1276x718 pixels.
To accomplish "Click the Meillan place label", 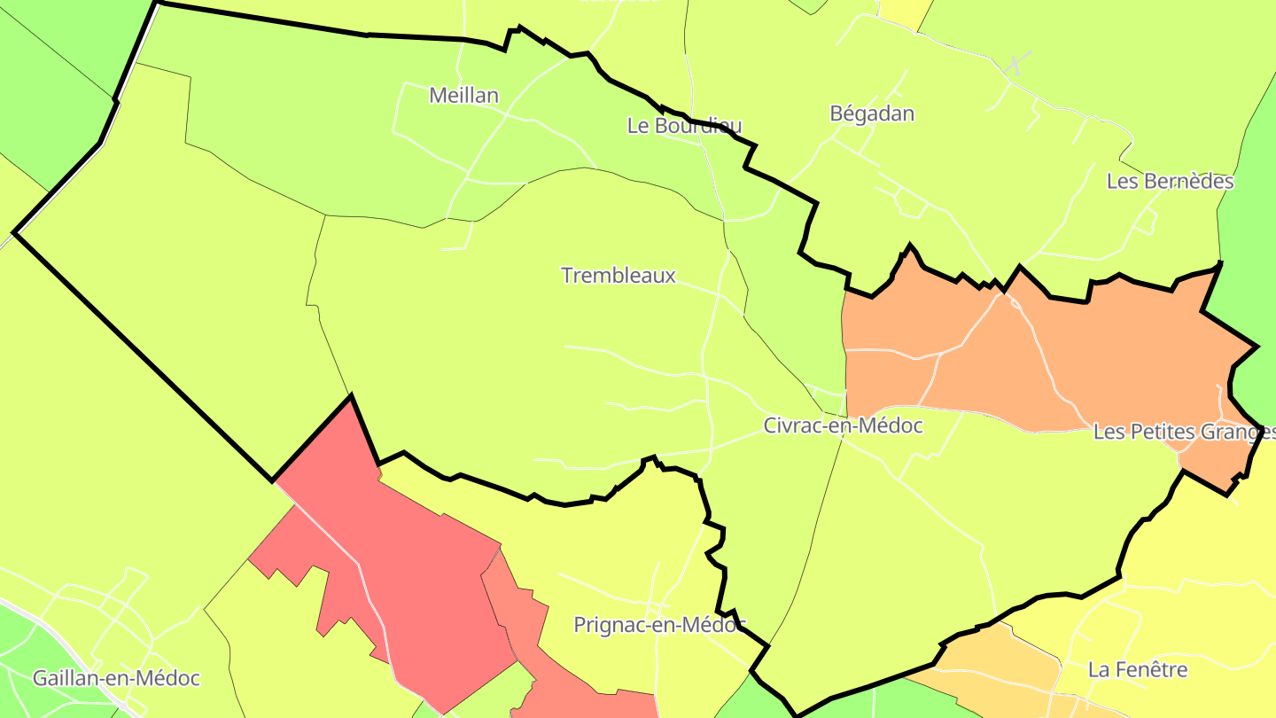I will pyautogui.click(x=463, y=96).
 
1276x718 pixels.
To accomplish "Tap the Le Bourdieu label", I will pyautogui.click(x=684, y=126).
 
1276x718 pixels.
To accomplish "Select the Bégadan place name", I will pyautogui.click(x=872, y=113).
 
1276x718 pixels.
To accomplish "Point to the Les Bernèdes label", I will pyautogui.click(x=1170, y=182).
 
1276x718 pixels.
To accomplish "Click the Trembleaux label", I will pyautogui.click(x=619, y=276).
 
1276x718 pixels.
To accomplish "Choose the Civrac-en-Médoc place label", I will pyautogui.click(x=843, y=426).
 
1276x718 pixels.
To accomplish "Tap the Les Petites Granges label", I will pyautogui.click(x=1184, y=433).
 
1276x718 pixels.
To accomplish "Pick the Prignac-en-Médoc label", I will pyautogui.click(x=659, y=625).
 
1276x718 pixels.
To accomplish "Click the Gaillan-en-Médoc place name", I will pyautogui.click(x=116, y=679).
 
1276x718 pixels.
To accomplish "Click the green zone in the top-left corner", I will pyautogui.click(x=53, y=71).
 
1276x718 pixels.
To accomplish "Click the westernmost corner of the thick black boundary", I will pyautogui.click(x=14, y=233).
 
